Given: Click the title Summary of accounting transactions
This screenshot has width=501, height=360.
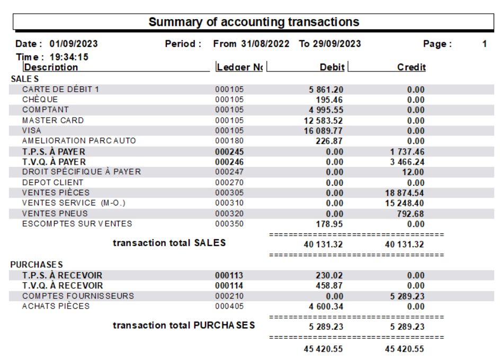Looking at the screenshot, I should [254, 22].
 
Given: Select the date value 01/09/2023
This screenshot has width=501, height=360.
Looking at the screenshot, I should [74, 44].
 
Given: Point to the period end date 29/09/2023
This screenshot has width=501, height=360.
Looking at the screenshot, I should [339, 44].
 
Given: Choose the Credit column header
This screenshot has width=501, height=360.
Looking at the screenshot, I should [411, 67].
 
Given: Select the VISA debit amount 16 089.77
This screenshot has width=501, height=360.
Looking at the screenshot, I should [323, 131].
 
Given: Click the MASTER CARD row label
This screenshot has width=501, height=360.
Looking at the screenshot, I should [53, 121].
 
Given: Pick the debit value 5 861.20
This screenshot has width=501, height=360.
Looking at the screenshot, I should [326, 89].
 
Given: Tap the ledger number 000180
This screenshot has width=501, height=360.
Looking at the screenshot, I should [229, 141].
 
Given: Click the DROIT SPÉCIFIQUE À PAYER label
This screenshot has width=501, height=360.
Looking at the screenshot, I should [82, 172].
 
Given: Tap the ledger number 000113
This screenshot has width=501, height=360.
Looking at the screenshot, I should [229, 275].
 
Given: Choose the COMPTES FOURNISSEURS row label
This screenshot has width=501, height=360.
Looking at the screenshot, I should [78, 296].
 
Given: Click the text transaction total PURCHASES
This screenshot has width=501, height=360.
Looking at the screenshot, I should [183, 325].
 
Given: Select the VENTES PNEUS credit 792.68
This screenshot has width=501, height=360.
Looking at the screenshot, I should [409, 214].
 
